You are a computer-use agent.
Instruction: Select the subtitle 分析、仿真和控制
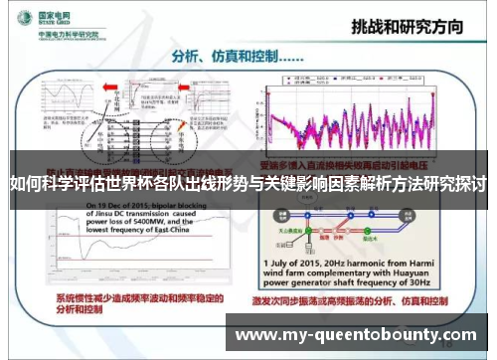tap(226, 55)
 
